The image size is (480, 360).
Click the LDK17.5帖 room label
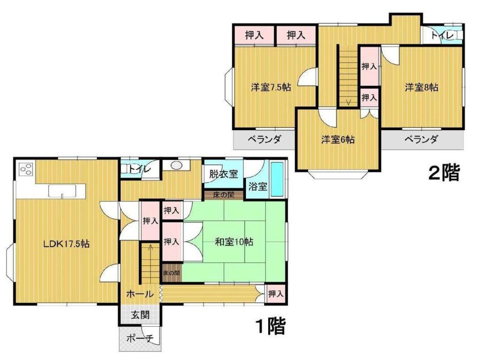66,244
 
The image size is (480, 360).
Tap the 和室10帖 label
234,242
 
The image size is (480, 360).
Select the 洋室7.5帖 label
271,87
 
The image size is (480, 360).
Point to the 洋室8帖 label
421,87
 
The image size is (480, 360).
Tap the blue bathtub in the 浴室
277,180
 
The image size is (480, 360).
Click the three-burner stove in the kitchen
26,169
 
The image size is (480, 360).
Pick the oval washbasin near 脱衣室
176,165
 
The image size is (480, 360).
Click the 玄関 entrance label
140,315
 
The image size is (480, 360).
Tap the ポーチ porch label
140,339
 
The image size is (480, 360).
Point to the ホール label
140,294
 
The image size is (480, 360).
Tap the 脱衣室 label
223,174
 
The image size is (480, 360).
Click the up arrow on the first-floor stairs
150,247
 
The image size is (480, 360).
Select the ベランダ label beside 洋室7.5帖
264,139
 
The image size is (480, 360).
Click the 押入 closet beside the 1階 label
276,294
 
